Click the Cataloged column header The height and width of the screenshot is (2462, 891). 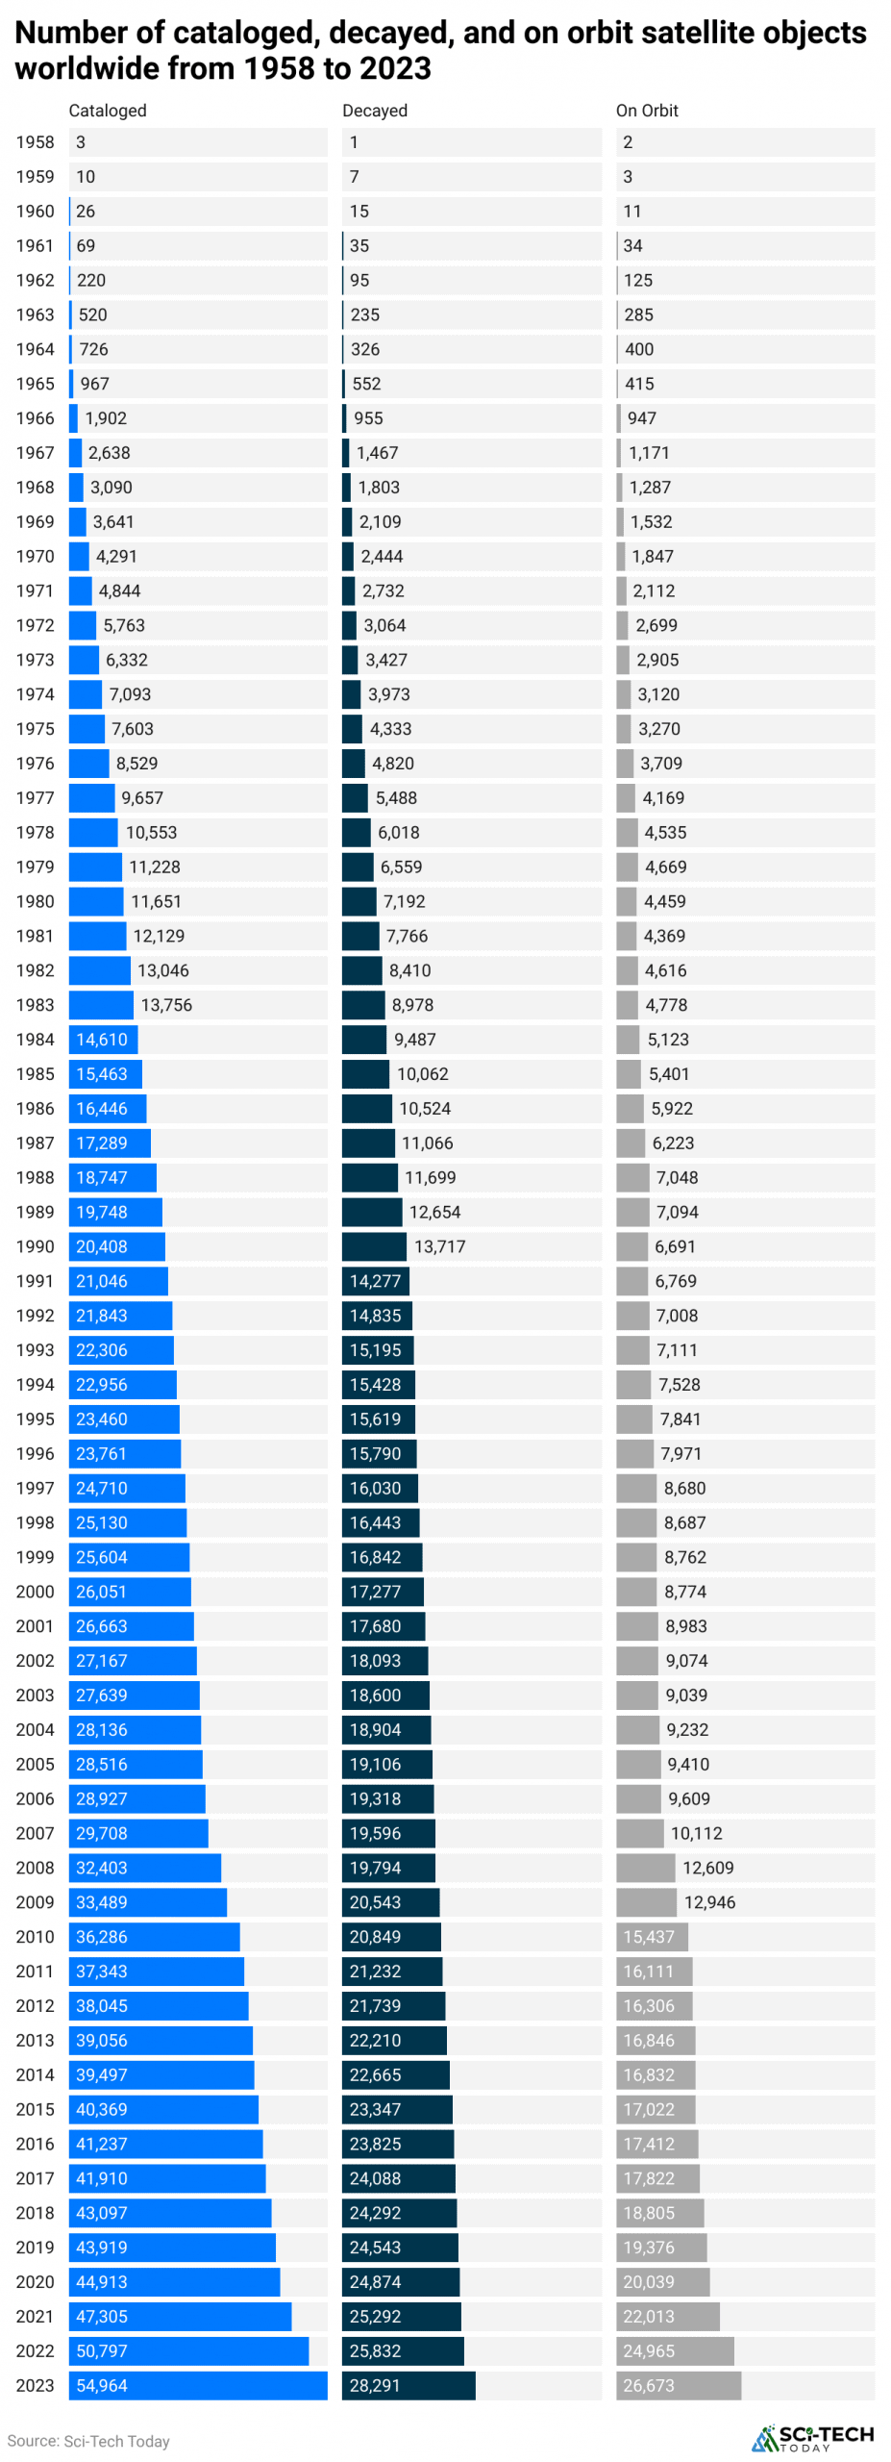(108, 111)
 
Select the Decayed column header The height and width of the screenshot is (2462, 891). (374, 111)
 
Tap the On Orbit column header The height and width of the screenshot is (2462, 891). (647, 111)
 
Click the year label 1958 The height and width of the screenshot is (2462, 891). (36, 142)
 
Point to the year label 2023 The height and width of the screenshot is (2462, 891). (36, 2387)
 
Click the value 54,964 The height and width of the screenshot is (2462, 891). (102, 2387)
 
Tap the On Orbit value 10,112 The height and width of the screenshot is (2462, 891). (696, 1834)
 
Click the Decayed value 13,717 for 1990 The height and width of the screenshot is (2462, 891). (439, 1247)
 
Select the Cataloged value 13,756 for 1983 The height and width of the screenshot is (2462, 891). (166, 1006)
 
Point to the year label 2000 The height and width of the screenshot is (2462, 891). (36, 1593)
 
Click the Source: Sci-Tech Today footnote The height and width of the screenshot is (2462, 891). (88, 2442)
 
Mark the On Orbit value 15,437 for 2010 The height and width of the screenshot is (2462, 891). (649, 1938)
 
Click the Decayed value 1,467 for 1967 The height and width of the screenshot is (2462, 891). (377, 453)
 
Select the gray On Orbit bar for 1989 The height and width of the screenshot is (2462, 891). (631, 1213)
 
